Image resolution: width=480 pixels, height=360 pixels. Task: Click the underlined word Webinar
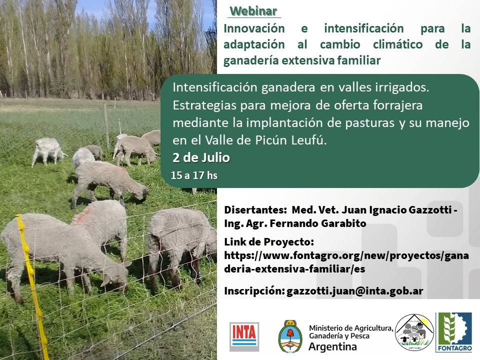(x=254, y=11)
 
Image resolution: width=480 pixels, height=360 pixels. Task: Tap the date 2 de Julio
(x=201, y=158)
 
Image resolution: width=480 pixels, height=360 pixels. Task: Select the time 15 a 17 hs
(x=194, y=175)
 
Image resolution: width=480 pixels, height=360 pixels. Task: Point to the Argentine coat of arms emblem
(x=290, y=336)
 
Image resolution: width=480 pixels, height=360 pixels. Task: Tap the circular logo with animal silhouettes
(x=414, y=332)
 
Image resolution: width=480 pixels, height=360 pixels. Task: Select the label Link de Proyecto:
(x=269, y=242)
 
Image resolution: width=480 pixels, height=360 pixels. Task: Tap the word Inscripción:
(x=253, y=291)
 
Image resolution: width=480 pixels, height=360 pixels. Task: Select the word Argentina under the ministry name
(x=333, y=347)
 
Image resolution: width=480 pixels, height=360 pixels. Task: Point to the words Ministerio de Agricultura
(x=350, y=328)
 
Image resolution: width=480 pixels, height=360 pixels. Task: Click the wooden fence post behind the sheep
(x=106, y=125)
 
